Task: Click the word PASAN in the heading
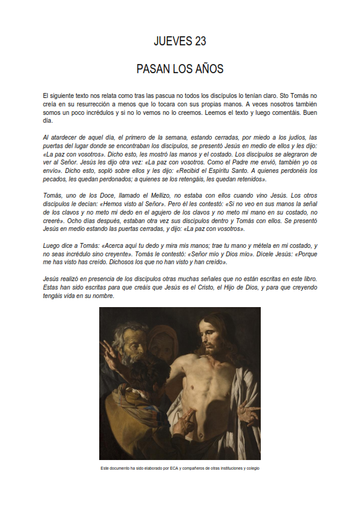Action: tap(152, 70)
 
